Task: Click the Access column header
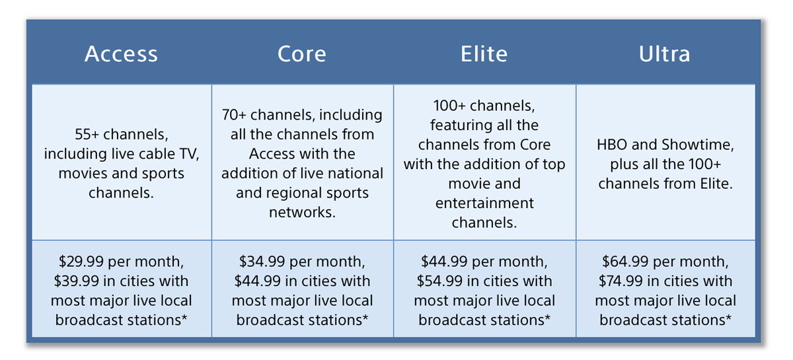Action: click(x=121, y=54)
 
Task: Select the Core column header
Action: click(x=301, y=54)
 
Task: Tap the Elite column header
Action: click(x=484, y=54)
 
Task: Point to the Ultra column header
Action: click(x=665, y=54)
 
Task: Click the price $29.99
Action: click(x=81, y=262)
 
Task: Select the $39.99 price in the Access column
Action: click(x=76, y=281)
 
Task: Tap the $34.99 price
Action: click(x=262, y=262)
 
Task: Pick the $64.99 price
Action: click(x=625, y=262)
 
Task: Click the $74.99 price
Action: click(x=621, y=281)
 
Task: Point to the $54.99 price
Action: click(x=439, y=281)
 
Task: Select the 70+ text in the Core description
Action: click(x=234, y=115)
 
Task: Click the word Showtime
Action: click(x=698, y=145)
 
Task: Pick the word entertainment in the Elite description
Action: click(x=484, y=203)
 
